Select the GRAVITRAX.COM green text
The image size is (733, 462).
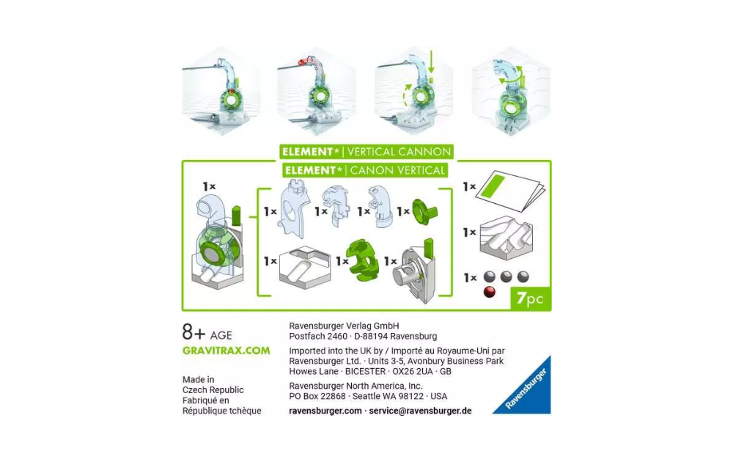(x=226, y=351)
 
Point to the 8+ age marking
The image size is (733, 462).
(x=207, y=333)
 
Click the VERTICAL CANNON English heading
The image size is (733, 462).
(x=398, y=152)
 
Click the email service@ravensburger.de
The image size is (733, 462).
(x=420, y=411)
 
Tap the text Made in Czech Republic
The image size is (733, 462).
(x=213, y=385)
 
